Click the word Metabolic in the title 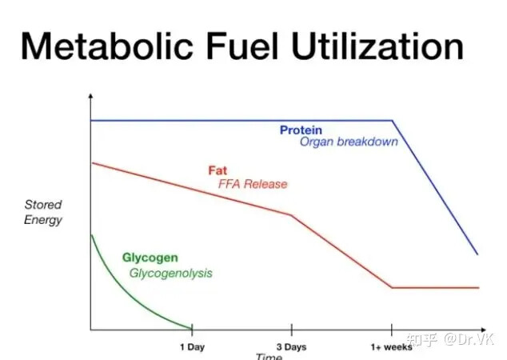click(106, 46)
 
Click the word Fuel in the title click(242, 46)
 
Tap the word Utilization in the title click(377, 46)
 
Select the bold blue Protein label click(301, 130)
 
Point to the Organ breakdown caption click(349, 142)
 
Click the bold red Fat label click(218, 170)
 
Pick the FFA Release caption click(253, 184)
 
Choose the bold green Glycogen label click(150, 258)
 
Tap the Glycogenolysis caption click(170, 274)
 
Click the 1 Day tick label click(193, 347)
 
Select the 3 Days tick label click(291, 347)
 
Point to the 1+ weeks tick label click(392, 347)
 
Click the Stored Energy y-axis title click(43, 213)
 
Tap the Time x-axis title click(269, 357)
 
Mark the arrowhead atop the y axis click(90, 96)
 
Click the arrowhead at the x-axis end click(483, 330)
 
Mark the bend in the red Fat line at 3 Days click(291, 214)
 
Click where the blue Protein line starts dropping click(393, 121)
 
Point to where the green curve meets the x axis click(191, 329)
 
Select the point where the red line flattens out click(392, 287)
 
